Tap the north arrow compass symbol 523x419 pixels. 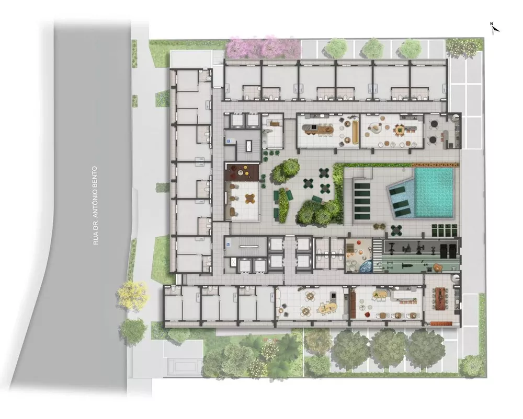[x=494, y=28]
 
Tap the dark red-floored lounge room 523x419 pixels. [x=242, y=172]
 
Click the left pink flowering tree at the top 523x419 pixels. [x=242, y=48]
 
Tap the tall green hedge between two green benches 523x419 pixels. [x=283, y=204]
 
